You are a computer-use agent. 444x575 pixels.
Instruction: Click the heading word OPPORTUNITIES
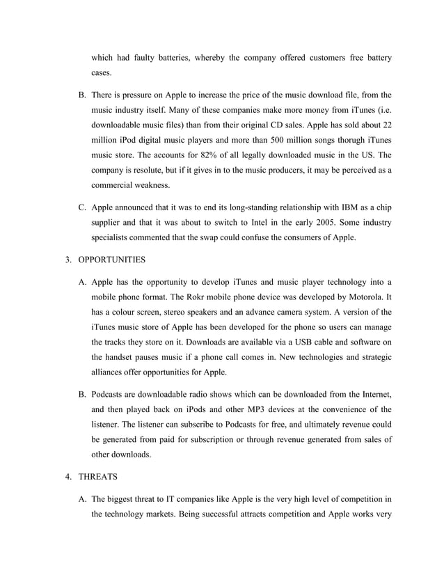pyautogui.click(x=111, y=260)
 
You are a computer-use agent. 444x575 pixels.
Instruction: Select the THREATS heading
pyautogui.click(x=100, y=479)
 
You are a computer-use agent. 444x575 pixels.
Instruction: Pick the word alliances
pyautogui.click(x=112, y=375)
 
